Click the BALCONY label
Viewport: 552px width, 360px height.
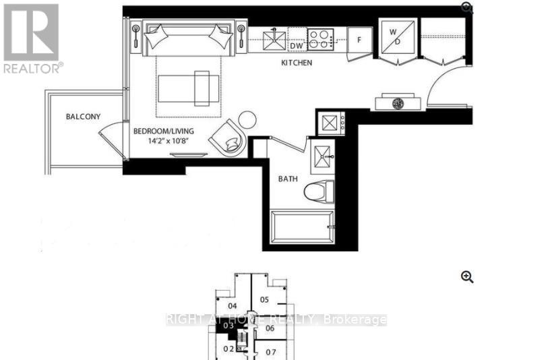[83, 117]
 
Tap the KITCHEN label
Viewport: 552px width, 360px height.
[297, 63]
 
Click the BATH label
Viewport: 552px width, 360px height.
[288, 179]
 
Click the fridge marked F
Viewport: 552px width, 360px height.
[359, 40]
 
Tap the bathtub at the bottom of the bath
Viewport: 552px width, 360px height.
[302, 229]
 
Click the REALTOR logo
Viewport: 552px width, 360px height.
[32, 38]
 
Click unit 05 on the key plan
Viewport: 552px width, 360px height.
[264, 299]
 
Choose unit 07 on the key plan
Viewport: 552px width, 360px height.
[271, 352]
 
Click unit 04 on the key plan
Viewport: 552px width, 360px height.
[232, 305]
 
